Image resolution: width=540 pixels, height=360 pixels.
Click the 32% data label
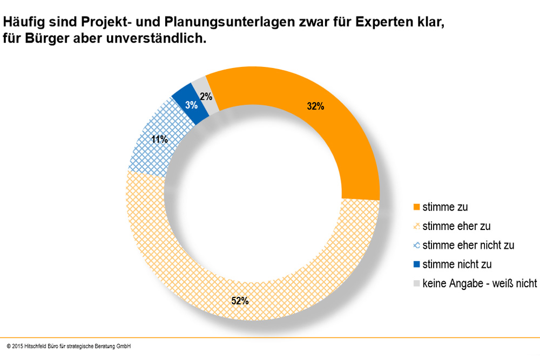coord(315,106)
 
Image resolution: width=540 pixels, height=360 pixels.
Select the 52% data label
coord(240,301)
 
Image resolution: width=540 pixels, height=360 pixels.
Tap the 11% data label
coord(159,139)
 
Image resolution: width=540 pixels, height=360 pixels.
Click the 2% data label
coord(206,97)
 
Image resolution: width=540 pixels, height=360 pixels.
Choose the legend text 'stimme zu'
coord(445,207)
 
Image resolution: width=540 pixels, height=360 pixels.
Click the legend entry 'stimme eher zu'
coord(456,226)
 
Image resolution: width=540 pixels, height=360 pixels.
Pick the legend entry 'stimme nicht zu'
coord(457,264)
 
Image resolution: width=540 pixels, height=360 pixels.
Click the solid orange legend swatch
coord(416,207)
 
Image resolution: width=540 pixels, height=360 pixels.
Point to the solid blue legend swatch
coord(416,264)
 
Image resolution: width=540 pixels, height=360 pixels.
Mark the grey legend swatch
coord(416,283)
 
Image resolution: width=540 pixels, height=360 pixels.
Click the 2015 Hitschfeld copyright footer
coord(69,346)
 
